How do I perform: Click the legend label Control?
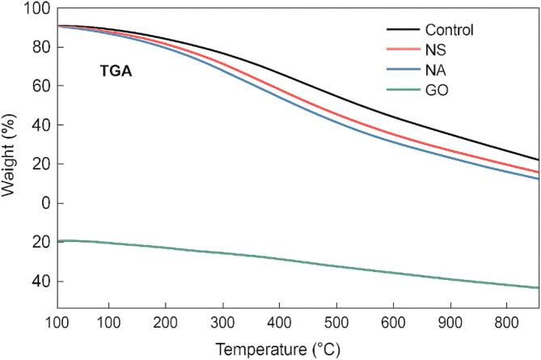click(446, 31)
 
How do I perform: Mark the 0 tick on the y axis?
click(44, 203)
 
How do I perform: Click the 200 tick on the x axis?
click(165, 322)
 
